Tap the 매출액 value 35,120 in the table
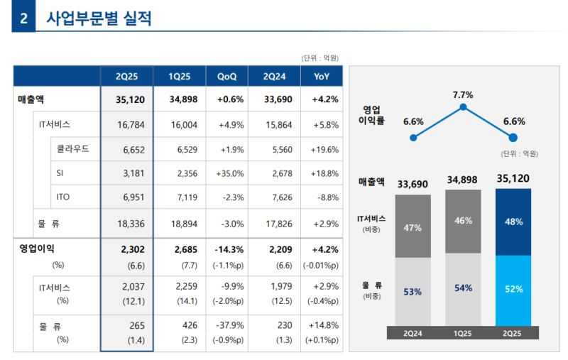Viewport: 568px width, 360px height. (x=130, y=99)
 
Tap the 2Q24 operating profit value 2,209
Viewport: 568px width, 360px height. (x=276, y=249)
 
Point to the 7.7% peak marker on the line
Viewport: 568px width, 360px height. (x=463, y=107)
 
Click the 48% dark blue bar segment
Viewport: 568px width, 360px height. (x=514, y=222)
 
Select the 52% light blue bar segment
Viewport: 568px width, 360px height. (x=514, y=289)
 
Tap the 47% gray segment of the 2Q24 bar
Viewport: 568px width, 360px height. (x=413, y=227)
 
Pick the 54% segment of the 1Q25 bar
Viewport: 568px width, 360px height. (x=463, y=288)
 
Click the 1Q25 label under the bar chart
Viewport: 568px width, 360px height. (x=463, y=332)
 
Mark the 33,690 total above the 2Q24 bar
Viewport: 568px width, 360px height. (x=413, y=184)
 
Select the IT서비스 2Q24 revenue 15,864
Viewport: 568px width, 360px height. (x=276, y=124)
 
